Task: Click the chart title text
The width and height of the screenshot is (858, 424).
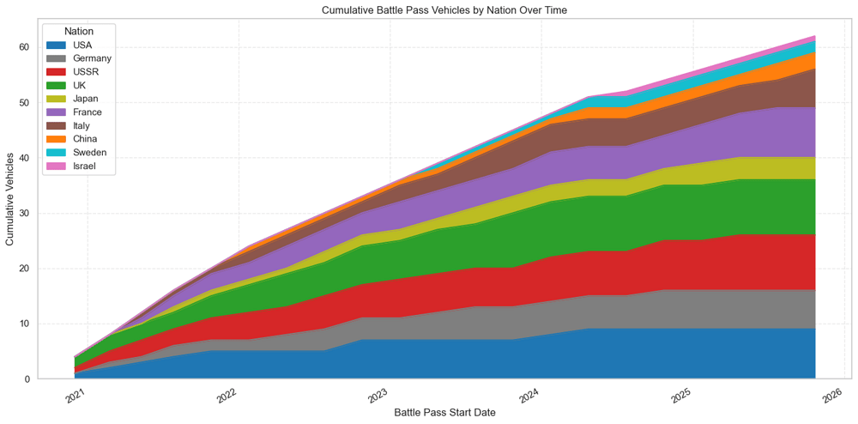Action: point(444,10)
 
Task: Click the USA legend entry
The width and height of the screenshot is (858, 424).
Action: point(82,45)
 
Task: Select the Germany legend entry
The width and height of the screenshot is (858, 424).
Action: point(92,58)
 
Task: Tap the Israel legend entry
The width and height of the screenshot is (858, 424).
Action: point(85,166)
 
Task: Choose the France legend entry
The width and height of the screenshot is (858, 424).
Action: point(88,112)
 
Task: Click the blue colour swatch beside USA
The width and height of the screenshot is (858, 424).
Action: point(56,45)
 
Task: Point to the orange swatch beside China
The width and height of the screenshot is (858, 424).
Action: point(56,139)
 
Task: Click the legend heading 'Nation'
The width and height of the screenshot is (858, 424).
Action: point(79,32)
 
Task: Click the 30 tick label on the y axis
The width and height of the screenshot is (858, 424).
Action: point(23,213)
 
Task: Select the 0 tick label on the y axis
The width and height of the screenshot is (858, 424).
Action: point(26,379)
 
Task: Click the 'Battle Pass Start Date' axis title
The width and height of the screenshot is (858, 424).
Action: point(444,413)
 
